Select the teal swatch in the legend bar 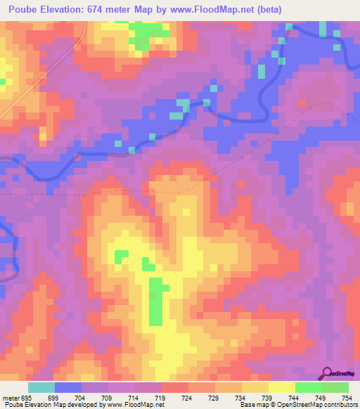pyautogui.click(x=41, y=387)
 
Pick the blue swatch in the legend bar pyautogui.click(x=68, y=387)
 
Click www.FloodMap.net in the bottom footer pyautogui.click(x=131, y=405)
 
